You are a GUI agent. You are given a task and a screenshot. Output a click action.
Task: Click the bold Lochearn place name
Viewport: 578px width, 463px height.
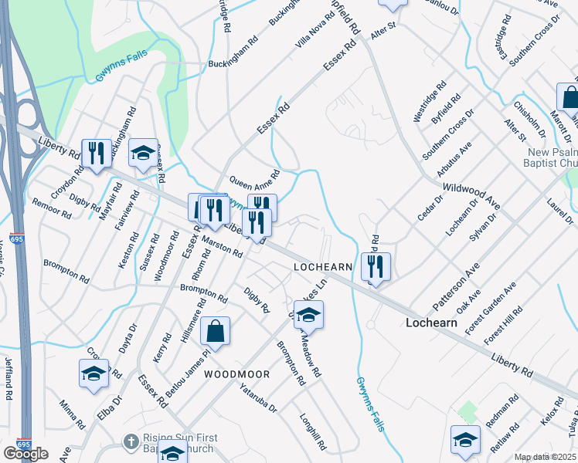pyautogui.click(x=433, y=323)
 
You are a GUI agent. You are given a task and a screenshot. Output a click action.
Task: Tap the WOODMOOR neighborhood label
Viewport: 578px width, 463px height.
pyautogui.click(x=237, y=374)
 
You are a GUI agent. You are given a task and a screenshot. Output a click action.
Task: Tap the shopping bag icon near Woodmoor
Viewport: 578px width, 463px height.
pyautogui.click(x=216, y=332)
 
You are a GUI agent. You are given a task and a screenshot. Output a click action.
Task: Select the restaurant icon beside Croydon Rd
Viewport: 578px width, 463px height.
pyautogui.click(x=96, y=152)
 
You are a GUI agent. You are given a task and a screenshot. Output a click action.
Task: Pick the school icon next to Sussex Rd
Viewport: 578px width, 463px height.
pyautogui.click(x=143, y=154)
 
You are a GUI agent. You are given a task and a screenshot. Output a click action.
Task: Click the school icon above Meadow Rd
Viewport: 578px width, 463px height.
pyautogui.click(x=308, y=316)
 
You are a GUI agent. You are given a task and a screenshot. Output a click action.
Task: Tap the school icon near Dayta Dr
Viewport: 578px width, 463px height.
pyautogui.click(x=94, y=373)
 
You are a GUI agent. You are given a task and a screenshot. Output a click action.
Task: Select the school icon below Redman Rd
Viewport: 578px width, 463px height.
pyautogui.click(x=465, y=440)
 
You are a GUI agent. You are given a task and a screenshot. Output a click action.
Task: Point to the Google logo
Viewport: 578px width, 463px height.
pyautogui.click(x=25, y=453)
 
